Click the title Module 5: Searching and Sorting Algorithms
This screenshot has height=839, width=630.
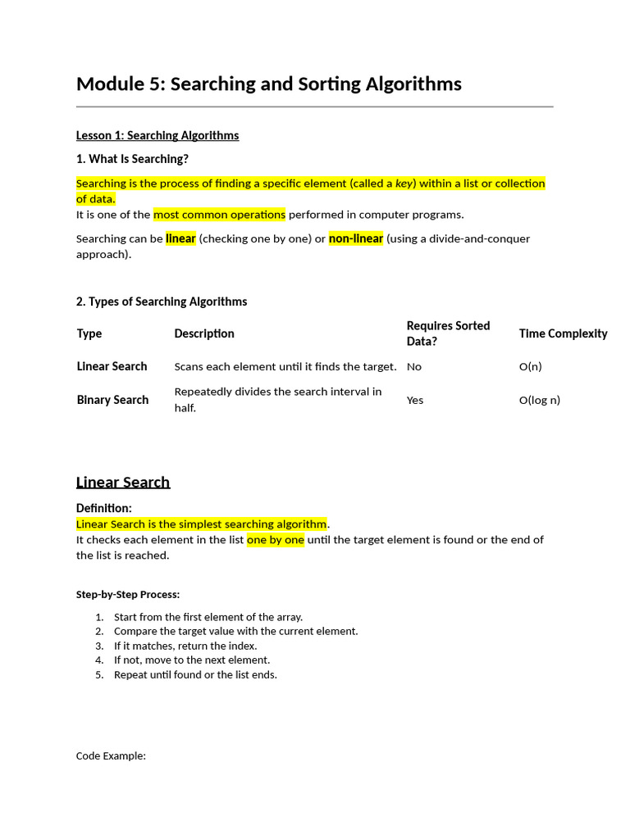(268, 84)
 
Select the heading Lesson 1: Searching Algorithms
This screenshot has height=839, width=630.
(157, 135)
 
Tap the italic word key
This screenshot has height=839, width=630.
(404, 184)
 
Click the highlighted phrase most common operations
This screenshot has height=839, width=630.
(219, 215)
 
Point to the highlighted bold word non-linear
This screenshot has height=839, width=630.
(356, 238)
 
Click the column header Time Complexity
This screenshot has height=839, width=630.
(563, 333)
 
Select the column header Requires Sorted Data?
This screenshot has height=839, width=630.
(448, 333)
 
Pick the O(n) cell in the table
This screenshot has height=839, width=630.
(530, 366)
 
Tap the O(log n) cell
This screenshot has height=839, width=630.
(539, 400)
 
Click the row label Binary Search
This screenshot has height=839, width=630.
(112, 400)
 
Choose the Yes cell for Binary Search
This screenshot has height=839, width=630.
(415, 400)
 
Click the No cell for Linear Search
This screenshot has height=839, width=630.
(413, 366)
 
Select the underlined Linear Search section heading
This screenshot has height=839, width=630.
(123, 482)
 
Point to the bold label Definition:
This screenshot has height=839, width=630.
(103, 508)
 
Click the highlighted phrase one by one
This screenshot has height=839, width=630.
(275, 540)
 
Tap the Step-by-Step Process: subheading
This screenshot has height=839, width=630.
(128, 594)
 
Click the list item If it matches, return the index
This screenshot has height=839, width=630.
(185, 646)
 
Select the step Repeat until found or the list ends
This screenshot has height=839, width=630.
(195, 675)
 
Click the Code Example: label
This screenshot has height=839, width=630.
(111, 755)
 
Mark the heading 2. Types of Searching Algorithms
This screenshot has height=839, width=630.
(162, 302)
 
